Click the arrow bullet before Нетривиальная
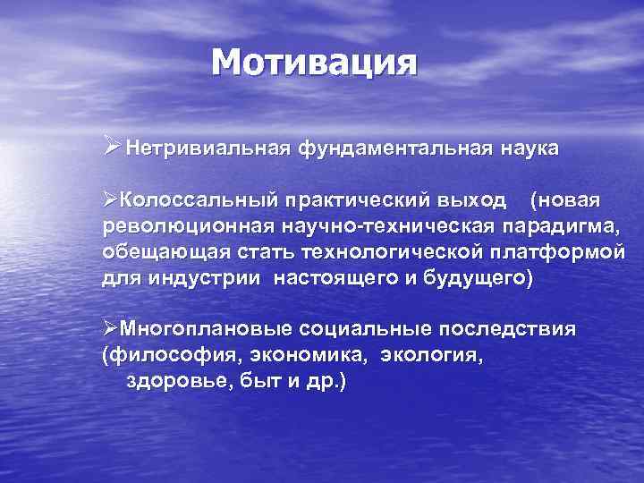pyautogui.click(x=111, y=146)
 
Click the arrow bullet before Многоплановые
pyautogui.click(x=110, y=328)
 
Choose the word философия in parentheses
pyautogui.click(x=163, y=356)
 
